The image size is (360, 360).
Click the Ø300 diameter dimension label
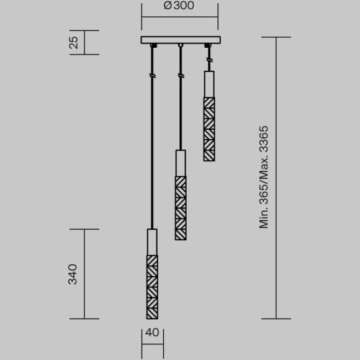(x=179, y=7)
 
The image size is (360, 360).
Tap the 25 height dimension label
(x=73, y=43)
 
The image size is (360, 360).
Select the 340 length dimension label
(x=73, y=274)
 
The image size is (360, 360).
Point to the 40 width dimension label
(x=152, y=333)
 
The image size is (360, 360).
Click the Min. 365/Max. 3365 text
(x=264, y=177)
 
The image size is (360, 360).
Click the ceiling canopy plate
(x=179, y=40)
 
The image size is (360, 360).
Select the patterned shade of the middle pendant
(x=181, y=208)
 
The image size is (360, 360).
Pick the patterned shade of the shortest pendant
(x=209, y=129)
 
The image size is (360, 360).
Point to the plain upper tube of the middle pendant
(x=181, y=163)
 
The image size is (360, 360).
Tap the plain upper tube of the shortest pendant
(x=209, y=84)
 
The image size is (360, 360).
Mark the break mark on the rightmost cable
(x=209, y=60)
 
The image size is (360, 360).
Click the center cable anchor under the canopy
(x=181, y=46)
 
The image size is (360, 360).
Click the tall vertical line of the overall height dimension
(x=276, y=177)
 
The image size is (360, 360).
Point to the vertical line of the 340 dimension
(x=84, y=274)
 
